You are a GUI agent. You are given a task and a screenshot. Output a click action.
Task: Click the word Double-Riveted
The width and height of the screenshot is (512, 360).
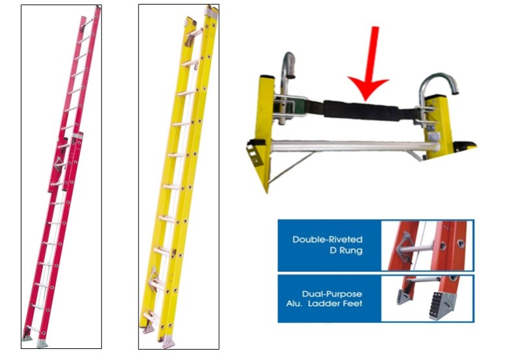327,239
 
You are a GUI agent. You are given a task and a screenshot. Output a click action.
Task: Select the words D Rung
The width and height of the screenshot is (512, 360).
346,251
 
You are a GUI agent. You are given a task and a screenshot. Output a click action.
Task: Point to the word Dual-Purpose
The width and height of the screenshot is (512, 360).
332,294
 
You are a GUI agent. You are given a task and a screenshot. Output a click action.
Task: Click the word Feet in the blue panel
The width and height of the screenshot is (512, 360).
353,303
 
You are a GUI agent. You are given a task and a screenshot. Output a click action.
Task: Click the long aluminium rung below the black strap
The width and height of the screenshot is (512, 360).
354,146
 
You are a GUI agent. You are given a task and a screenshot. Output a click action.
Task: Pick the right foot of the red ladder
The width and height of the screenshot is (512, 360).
42,343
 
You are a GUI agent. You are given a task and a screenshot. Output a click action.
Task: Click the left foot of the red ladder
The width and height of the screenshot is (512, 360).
27,337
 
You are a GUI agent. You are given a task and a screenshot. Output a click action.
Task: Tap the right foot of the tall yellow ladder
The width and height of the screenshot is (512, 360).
168,342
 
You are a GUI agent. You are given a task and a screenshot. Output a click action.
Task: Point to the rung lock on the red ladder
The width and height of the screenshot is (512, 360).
59,164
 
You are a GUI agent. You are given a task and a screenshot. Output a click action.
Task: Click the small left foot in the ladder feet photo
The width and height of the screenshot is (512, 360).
404,296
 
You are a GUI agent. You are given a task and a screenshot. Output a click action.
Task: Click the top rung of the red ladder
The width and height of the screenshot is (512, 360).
86,23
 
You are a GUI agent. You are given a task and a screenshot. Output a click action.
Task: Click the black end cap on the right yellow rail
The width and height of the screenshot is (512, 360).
465,146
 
